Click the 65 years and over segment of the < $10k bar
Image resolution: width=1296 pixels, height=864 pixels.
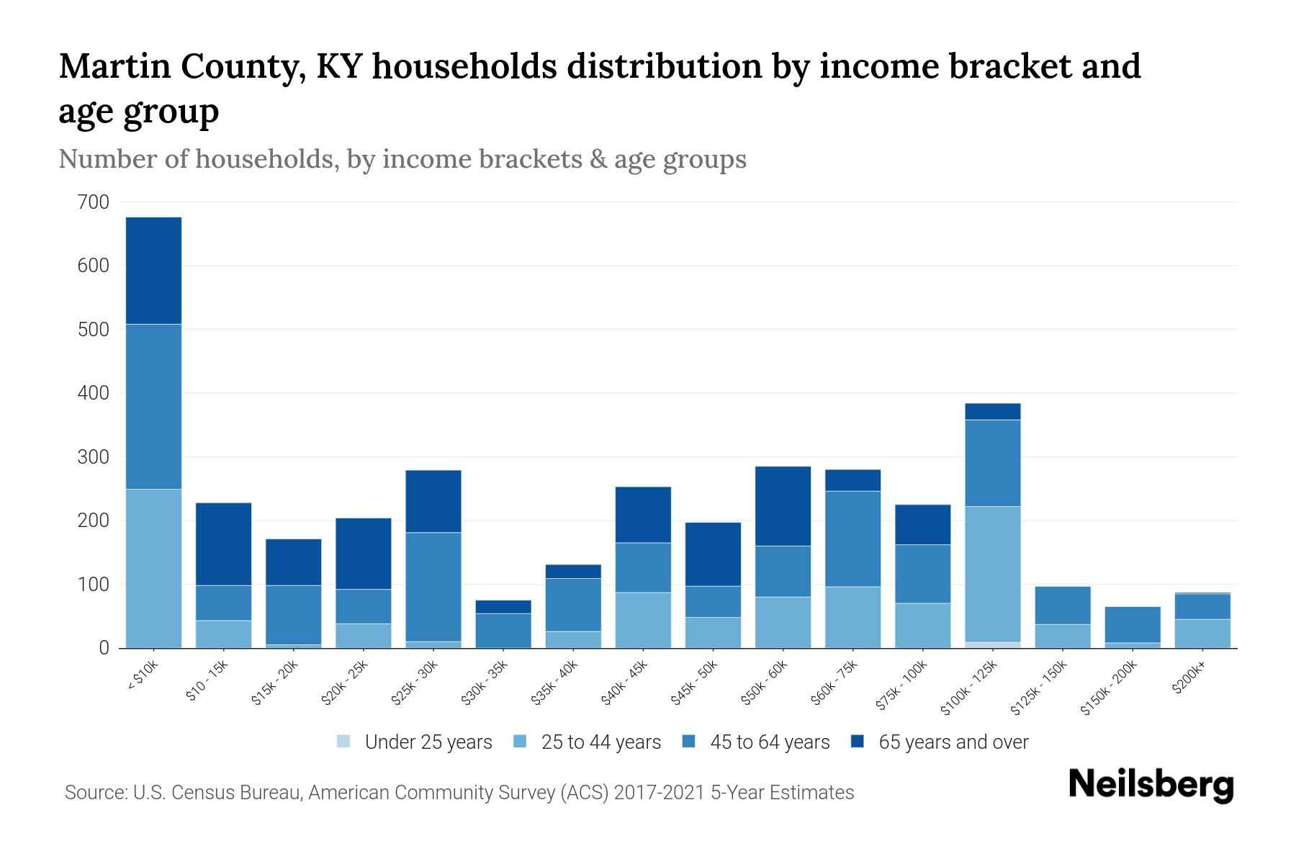point(153,271)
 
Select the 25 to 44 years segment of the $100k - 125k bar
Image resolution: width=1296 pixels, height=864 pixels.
point(993,574)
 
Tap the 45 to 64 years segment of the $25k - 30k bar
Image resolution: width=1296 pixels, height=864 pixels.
point(433,587)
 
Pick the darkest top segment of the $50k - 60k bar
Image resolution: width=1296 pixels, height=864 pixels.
point(783,506)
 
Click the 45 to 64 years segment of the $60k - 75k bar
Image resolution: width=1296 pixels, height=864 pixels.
point(852,539)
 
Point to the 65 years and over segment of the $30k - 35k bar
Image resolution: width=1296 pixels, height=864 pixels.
point(503,607)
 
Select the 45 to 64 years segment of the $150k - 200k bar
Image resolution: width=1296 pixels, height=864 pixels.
point(1133,624)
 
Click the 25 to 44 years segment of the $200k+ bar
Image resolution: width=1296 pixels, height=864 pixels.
point(1202,633)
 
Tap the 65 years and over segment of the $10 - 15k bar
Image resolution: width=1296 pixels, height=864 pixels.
point(223,544)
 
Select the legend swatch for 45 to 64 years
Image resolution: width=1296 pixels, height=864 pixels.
point(689,742)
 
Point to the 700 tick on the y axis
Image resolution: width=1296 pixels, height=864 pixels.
point(94,202)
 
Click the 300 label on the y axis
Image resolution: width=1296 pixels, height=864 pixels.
point(94,457)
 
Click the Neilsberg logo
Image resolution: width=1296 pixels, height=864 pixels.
point(1151,785)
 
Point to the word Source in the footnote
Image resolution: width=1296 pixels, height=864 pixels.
point(94,793)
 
